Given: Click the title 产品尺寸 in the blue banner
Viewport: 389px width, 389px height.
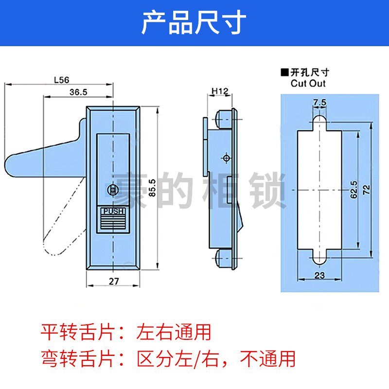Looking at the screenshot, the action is (194, 23).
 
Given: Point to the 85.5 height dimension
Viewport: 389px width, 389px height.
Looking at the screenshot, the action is (152, 187).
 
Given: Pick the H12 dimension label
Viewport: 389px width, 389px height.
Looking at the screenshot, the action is (220, 91).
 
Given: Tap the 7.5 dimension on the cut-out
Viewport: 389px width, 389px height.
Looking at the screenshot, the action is (319, 102).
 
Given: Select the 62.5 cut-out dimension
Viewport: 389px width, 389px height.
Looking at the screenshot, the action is (354, 189).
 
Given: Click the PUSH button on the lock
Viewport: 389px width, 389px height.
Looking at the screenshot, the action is (114, 212).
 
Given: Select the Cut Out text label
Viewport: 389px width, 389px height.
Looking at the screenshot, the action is (308, 83).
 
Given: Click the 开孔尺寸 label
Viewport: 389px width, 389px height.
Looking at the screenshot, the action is (310, 72).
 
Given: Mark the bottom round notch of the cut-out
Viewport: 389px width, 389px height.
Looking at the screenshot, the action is (319, 258).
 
